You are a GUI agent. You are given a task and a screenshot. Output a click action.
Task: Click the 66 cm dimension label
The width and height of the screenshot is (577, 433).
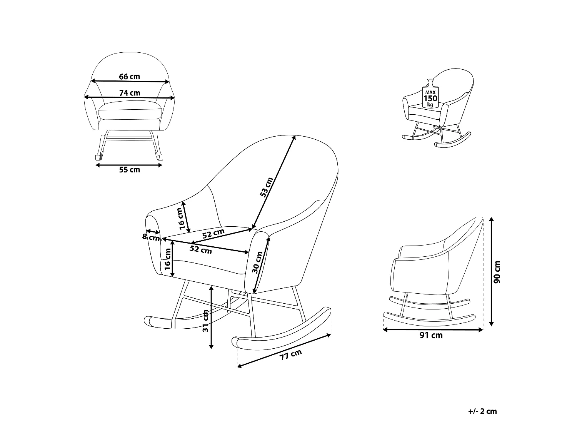point(129,77)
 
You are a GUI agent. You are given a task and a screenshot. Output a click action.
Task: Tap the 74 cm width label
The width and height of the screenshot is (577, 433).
point(130,93)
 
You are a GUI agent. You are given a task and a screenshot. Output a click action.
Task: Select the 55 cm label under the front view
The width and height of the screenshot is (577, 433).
point(129,170)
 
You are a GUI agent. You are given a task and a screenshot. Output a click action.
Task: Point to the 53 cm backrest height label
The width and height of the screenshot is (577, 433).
point(266,187)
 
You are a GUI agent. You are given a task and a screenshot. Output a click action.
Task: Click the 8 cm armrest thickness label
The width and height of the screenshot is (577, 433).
point(151,237)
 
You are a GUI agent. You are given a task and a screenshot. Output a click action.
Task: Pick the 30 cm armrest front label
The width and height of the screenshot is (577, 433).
point(257,262)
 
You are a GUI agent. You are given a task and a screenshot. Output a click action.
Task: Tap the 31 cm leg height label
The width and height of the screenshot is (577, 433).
point(205,321)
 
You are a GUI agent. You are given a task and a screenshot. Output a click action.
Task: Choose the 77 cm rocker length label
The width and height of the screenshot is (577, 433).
point(290,355)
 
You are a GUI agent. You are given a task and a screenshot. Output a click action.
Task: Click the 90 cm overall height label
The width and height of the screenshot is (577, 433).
point(497,272)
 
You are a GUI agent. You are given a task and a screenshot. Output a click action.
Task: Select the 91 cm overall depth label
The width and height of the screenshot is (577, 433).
point(431,335)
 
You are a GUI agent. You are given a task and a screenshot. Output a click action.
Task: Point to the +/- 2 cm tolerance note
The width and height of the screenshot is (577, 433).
point(482,411)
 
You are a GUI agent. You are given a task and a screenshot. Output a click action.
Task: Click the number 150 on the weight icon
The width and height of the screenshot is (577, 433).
point(430,99)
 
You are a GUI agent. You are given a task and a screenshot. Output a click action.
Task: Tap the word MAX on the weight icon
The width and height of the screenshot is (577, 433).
point(430,92)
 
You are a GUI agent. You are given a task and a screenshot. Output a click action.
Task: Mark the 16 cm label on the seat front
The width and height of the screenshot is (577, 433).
point(167,259)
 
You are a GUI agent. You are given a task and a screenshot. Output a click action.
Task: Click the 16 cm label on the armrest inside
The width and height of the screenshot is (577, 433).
point(180,219)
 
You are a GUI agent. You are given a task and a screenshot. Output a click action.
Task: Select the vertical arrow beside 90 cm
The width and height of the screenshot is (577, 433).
point(491,272)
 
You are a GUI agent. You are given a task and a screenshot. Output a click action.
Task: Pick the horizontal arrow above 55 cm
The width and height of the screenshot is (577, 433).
point(129,165)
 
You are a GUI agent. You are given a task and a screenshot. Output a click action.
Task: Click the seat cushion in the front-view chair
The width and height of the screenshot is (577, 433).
point(130,110)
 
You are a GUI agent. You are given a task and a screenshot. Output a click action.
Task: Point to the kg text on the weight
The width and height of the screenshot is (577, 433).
point(430,105)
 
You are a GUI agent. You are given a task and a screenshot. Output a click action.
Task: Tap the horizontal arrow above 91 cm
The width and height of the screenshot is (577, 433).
point(433,329)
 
